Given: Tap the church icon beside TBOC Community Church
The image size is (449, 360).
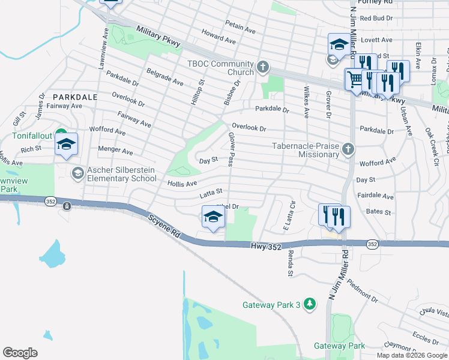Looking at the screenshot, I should [x=262, y=67].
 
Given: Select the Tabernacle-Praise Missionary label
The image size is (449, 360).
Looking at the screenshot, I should [x=306, y=150].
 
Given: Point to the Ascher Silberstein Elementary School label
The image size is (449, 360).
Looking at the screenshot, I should [x=122, y=174].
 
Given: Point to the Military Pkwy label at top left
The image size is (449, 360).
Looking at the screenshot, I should [x=158, y=36].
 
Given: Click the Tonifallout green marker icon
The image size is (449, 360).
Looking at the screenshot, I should [x=60, y=133].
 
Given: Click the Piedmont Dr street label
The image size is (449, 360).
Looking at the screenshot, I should [x=363, y=290].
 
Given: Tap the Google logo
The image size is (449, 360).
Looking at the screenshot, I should [x=20, y=353].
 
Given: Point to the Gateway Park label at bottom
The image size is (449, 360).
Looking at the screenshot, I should [x=339, y=346].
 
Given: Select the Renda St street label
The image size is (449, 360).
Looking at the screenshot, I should [x=290, y=262].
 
